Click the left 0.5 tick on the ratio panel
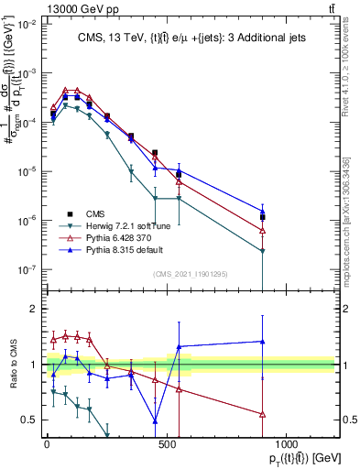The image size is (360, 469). tap(27, 420)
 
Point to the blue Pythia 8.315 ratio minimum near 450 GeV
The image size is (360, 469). tap(155, 421)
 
